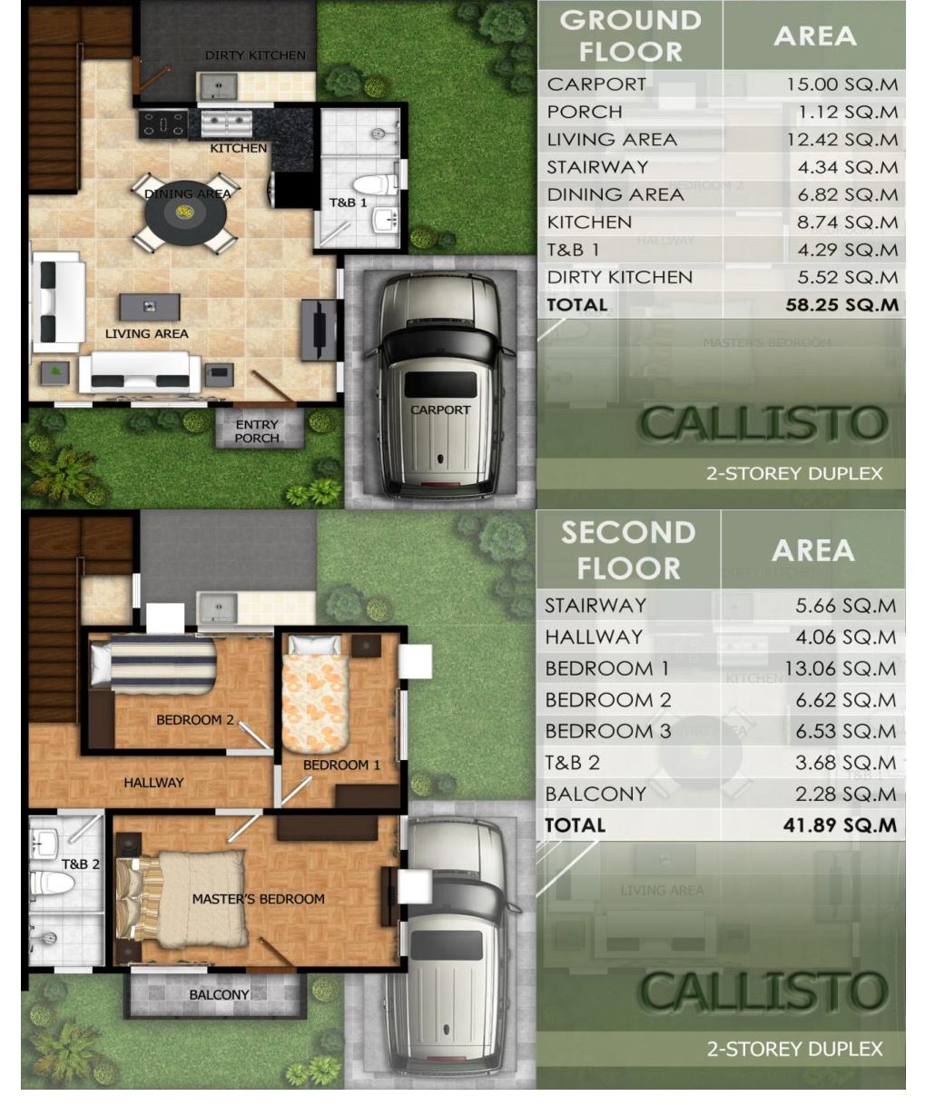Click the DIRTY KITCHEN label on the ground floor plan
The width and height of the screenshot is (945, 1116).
click(x=255, y=55)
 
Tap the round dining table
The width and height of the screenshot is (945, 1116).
click(x=185, y=212)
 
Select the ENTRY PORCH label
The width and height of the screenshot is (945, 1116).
click(x=257, y=431)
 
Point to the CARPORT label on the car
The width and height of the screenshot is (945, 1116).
click(x=440, y=410)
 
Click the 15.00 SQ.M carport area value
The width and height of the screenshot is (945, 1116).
click(x=842, y=84)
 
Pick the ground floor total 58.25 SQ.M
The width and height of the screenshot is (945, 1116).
click(x=842, y=305)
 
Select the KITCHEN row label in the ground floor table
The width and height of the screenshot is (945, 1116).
click(x=589, y=222)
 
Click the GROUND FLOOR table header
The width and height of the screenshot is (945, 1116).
click(x=630, y=36)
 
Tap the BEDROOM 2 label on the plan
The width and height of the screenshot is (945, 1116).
click(x=195, y=720)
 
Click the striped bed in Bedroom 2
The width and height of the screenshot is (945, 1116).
click(x=154, y=665)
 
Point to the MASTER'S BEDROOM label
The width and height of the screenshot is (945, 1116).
click(x=259, y=899)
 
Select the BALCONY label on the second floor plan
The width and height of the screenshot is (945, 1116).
click(x=219, y=995)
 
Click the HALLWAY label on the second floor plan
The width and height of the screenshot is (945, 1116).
click(x=153, y=783)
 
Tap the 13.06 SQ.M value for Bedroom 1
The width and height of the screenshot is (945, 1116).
click(x=840, y=669)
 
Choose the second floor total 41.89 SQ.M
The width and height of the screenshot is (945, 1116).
click(x=840, y=825)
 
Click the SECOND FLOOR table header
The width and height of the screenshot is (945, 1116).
click(x=629, y=550)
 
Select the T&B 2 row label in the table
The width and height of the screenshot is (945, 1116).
click(x=572, y=763)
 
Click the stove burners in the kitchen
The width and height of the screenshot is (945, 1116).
click(x=163, y=124)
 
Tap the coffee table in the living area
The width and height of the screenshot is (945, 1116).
click(x=150, y=307)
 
